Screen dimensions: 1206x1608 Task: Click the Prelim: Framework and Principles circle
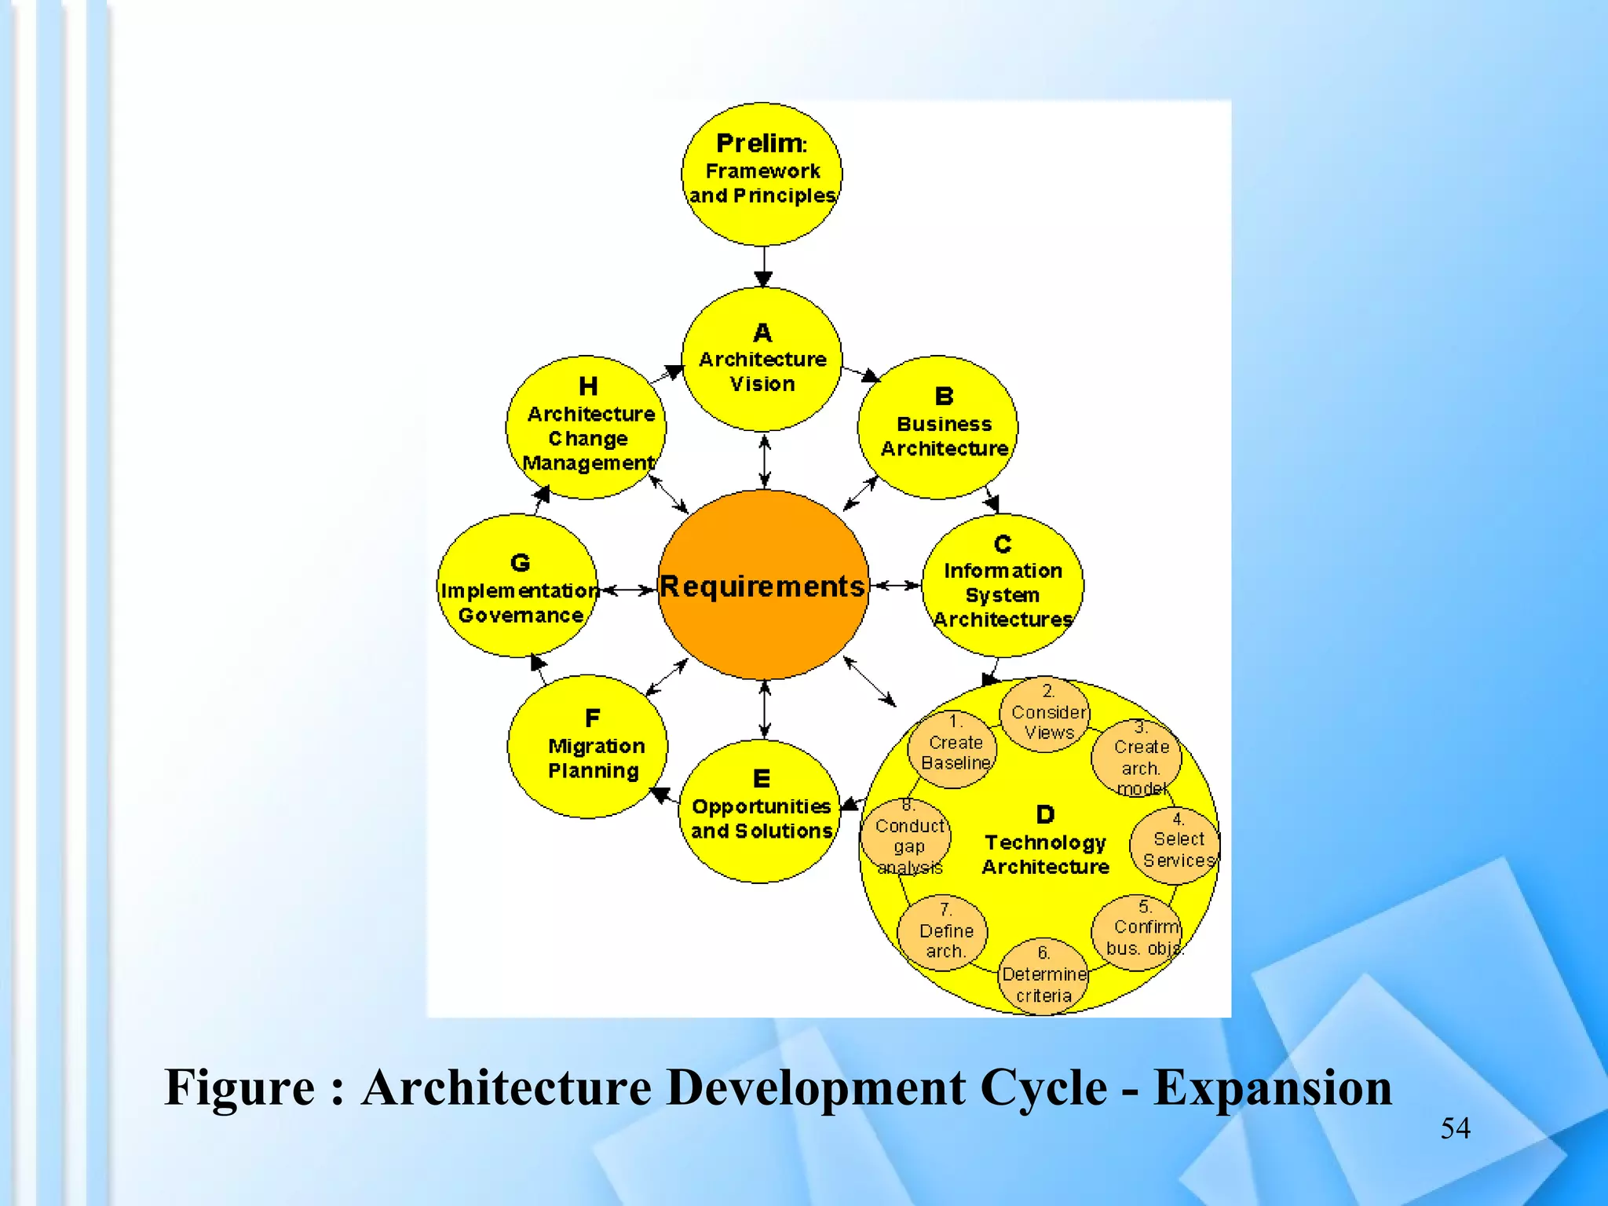pos(762,174)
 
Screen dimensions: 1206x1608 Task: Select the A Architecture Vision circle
pos(762,359)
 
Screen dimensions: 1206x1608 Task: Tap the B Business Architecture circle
pos(938,427)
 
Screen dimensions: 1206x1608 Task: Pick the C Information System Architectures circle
pos(1003,586)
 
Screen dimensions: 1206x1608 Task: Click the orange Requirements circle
pos(763,585)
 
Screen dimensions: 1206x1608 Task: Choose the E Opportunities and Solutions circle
pos(759,811)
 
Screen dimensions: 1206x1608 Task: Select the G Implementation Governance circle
pos(517,586)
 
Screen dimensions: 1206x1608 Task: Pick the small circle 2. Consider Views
pos(1045,714)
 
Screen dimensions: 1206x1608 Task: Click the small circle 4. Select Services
pos(1175,846)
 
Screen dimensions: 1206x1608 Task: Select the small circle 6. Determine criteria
pos(1043,976)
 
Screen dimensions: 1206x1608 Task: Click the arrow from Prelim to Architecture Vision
pos(763,266)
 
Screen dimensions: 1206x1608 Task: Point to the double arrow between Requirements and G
pos(627,589)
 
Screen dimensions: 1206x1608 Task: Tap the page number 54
pos(1455,1128)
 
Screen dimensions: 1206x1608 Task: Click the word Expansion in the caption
pos(1272,1087)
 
